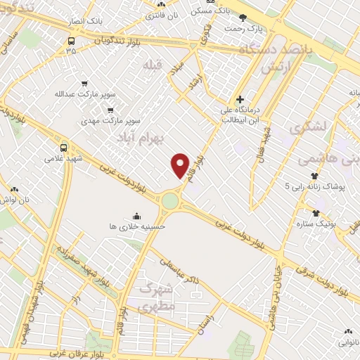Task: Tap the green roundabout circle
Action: [x=170, y=201]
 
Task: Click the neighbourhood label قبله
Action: [x=153, y=65]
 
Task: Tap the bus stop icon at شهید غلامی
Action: [x=64, y=148]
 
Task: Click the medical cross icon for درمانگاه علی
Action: [x=240, y=99]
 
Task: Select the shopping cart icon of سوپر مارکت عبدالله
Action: [x=84, y=82]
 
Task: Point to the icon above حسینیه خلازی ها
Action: [x=135, y=215]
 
